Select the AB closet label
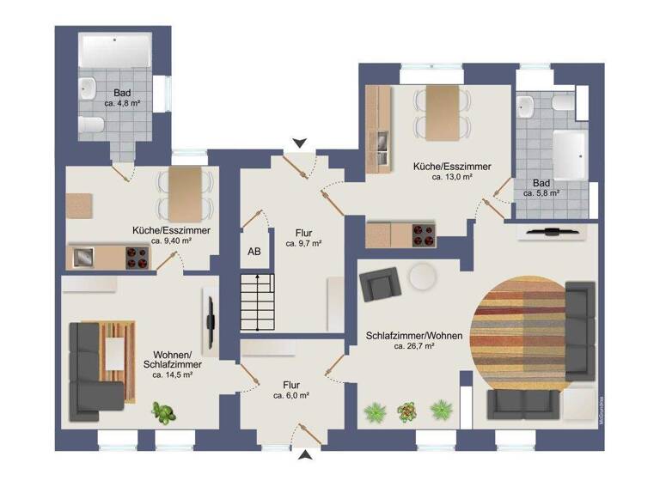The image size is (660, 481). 254,252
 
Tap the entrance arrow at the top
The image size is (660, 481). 298,143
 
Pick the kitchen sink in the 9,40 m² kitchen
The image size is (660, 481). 84,255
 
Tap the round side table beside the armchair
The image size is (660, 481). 422,276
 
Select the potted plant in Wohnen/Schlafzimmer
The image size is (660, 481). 162,412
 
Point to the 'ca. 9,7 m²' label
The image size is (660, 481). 303,244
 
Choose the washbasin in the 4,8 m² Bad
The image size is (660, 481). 89,86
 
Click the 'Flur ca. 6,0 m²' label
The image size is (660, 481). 291,390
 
